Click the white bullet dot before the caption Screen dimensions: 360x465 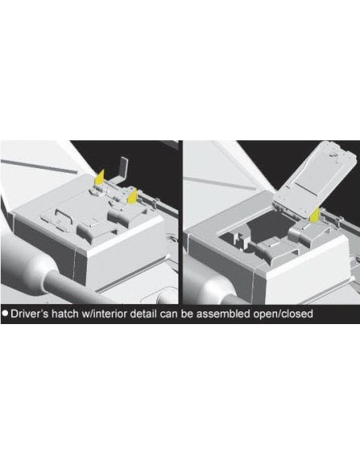[x=5, y=313]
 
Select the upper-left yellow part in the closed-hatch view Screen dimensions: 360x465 [x=100, y=178]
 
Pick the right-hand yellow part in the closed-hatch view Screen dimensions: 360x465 [x=132, y=197]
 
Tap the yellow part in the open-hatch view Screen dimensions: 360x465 [x=315, y=214]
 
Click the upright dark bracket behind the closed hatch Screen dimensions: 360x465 [x=123, y=168]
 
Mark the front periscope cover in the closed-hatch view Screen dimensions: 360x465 [x=92, y=229]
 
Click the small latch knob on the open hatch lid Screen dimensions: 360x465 [x=333, y=154]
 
